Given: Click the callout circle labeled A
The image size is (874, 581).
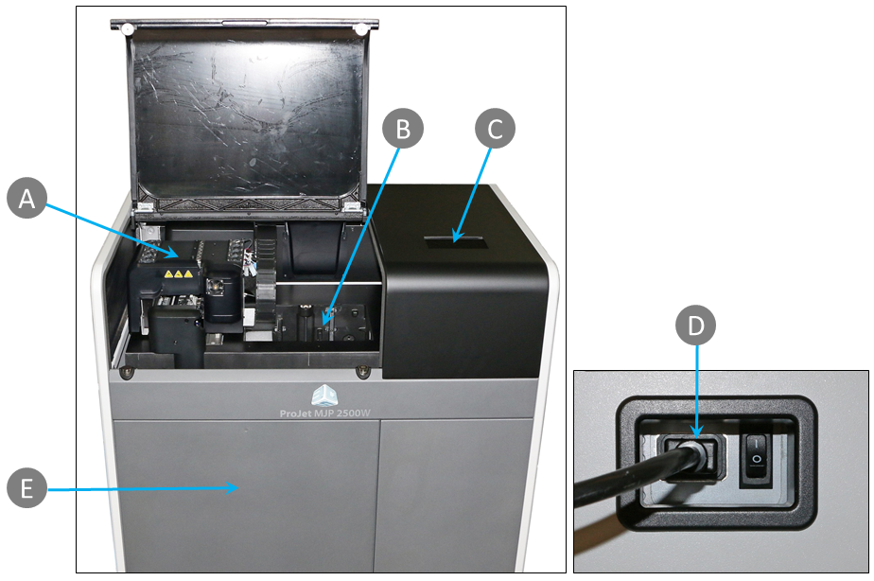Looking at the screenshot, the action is (x=26, y=198).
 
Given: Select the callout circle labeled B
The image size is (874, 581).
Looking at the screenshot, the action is (x=402, y=129).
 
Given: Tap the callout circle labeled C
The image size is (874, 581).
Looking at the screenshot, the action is (x=495, y=129).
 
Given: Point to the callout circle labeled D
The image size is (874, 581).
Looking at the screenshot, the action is (x=695, y=326).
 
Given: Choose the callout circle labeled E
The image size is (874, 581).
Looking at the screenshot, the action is (x=26, y=488).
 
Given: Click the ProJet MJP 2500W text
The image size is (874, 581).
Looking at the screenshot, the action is (x=325, y=414).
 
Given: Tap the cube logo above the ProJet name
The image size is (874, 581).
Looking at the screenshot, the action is (x=325, y=396).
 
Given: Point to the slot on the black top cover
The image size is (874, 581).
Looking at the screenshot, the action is (x=455, y=242).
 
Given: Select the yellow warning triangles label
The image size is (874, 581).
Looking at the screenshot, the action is (x=178, y=273).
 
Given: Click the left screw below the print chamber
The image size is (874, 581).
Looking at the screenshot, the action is (x=129, y=371).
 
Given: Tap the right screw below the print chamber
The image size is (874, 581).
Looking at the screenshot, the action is (x=363, y=371).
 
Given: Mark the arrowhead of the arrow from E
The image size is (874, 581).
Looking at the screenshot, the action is (x=233, y=488).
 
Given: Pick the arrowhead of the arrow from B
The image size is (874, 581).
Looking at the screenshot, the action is (x=326, y=318).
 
